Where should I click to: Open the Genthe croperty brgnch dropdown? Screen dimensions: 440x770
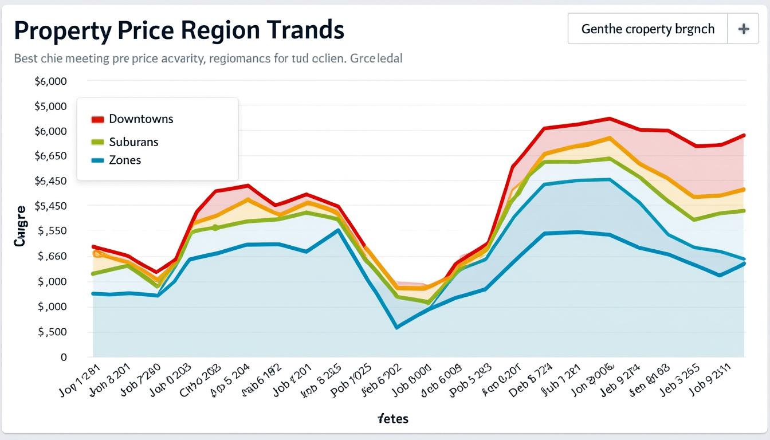coord(647,29)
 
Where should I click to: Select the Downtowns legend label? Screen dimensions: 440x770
coord(141,119)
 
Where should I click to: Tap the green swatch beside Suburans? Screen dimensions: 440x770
coord(97,142)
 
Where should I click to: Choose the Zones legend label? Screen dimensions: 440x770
coord(125,160)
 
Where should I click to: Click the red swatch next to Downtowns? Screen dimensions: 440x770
coord(97,120)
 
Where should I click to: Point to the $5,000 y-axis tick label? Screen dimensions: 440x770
coord(51,107)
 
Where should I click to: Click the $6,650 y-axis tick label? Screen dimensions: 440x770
coord(51,156)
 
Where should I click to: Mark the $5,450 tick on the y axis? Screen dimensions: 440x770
coord(51,206)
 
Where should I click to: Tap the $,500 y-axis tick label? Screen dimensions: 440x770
coord(52,332)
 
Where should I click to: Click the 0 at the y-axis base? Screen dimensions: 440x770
coord(64,357)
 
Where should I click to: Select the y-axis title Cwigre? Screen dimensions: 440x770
coord(20,226)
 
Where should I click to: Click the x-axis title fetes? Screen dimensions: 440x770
coord(393,419)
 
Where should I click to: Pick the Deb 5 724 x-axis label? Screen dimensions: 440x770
coord(531,380)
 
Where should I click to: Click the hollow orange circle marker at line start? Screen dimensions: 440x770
coord(97,253)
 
